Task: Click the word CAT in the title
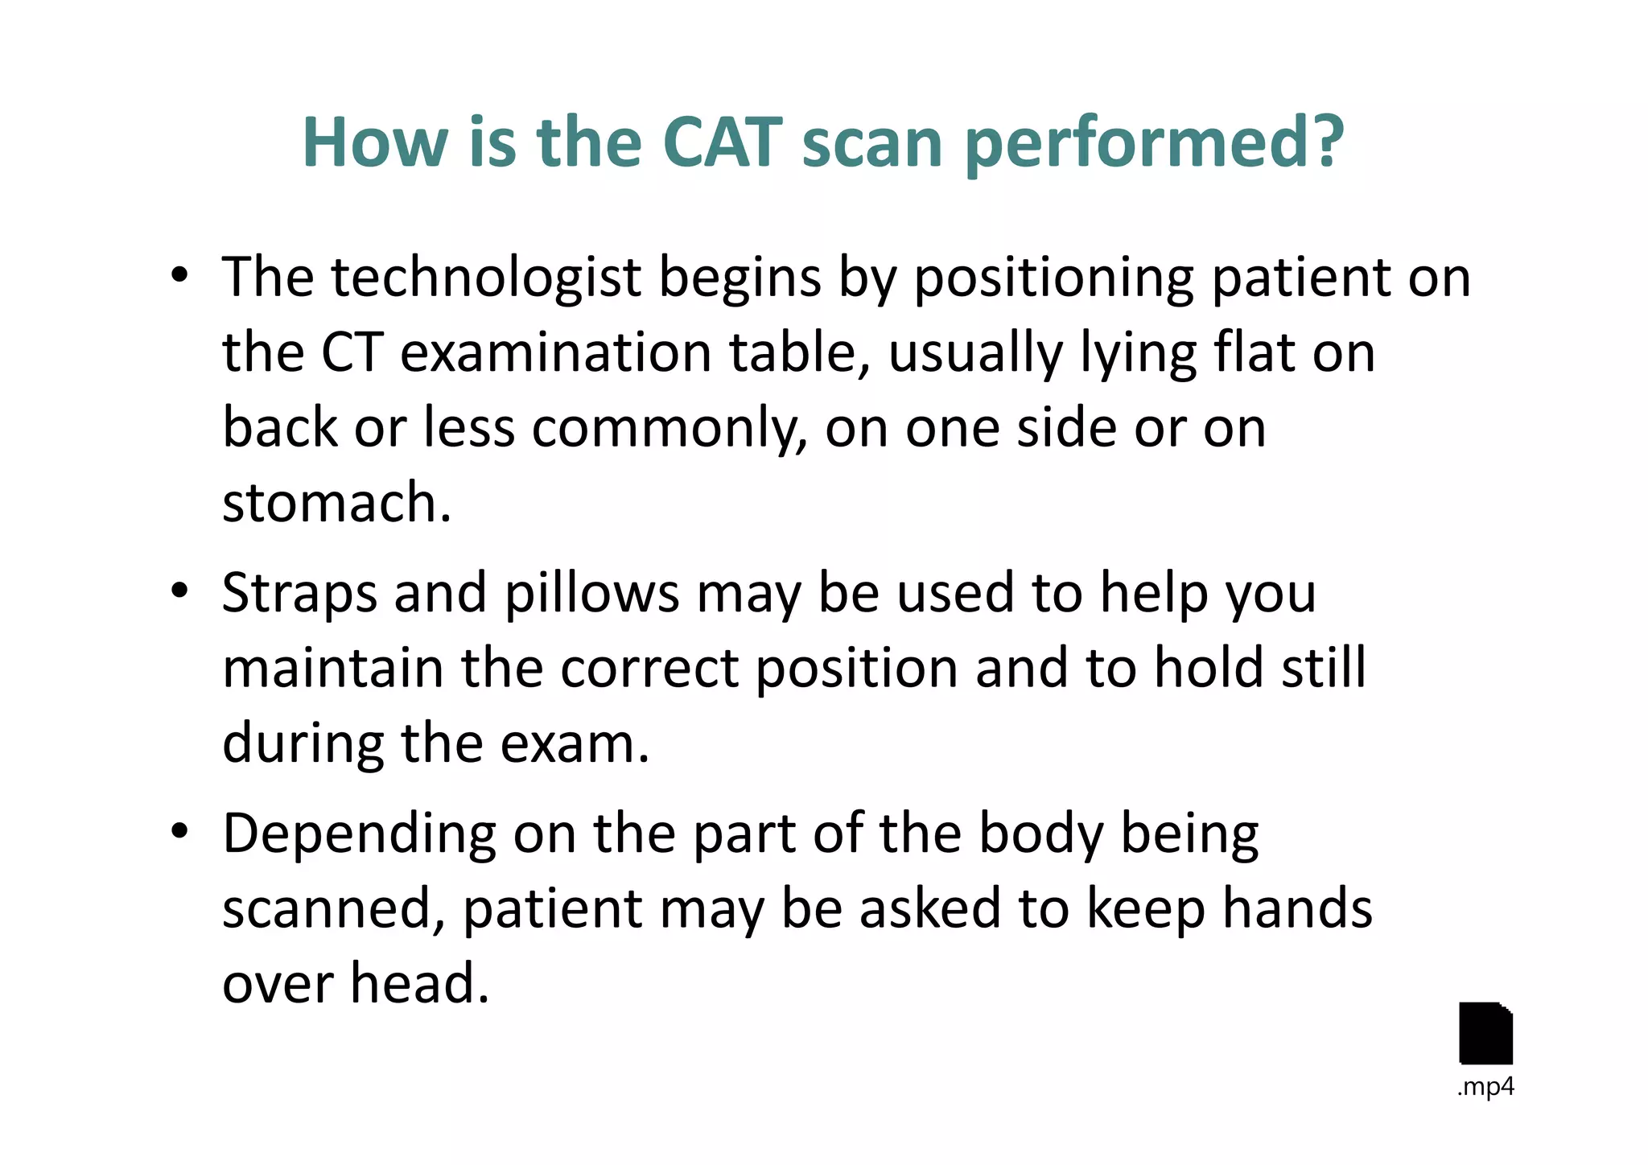pos(722,142)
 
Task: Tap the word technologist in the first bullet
pos(486,278)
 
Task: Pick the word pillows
pos(591,594)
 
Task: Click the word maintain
pos(332,669)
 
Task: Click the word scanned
pos(332,909)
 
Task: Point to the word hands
pos(1296,909)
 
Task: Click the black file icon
pos(1485,1033)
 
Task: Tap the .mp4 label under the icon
pos(1485,1088)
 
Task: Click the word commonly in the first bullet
pos(668,429)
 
